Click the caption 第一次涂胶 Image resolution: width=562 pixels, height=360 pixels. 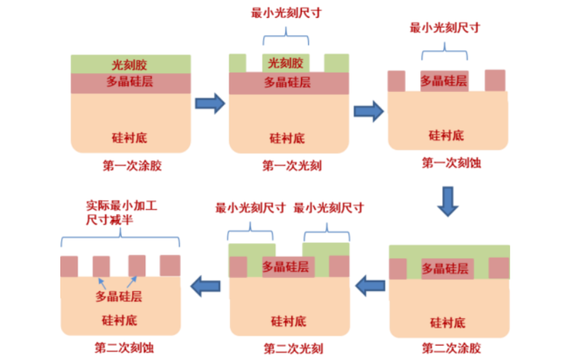(x=132, y=166)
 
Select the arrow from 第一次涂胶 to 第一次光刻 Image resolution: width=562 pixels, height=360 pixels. (x=210, y=104)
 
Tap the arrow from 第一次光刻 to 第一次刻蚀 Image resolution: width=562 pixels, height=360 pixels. (x=368, y=111)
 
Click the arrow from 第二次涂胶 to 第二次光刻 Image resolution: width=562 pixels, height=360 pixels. (x=369, y=285)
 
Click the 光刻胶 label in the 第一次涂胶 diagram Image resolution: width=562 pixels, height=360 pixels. (x=130, y=64)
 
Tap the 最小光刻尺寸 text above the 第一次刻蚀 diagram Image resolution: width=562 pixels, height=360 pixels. (x=444, y=29)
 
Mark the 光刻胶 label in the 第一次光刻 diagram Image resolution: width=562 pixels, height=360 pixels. (x=286, y=63)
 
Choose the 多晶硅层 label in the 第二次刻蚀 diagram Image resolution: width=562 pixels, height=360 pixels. (x=119, y=297)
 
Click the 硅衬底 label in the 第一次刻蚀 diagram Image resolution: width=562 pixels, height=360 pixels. (x=446, y=136)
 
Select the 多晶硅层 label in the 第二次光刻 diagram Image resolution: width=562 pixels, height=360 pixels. (x=286, y=266)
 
